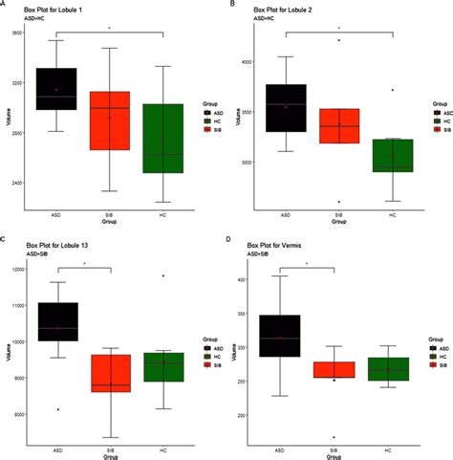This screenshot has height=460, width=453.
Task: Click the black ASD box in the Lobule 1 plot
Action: [56, 89]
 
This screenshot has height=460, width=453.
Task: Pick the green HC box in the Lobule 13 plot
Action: [162, 367]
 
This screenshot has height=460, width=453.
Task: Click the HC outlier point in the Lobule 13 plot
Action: [162, 275]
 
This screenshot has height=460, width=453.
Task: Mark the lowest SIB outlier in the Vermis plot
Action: [333, 437]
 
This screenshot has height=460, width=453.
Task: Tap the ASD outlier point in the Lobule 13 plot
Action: [56, 409]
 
